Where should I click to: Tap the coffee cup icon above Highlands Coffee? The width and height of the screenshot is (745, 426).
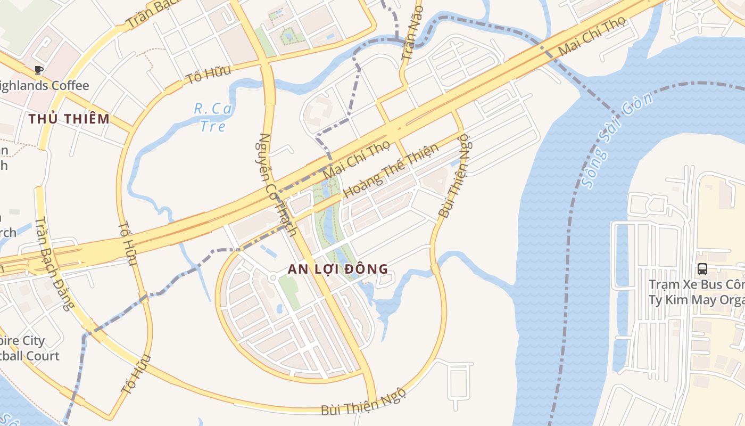[38, 70]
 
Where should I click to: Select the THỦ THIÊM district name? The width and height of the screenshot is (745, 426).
[69, 119]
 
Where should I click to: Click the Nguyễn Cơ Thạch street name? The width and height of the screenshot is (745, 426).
[277, 184]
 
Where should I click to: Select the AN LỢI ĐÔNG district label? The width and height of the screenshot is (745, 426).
[338, 269]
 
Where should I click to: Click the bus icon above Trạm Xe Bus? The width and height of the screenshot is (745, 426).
[702, 269]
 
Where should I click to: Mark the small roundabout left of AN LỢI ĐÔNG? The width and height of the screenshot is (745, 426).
[272, 277]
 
